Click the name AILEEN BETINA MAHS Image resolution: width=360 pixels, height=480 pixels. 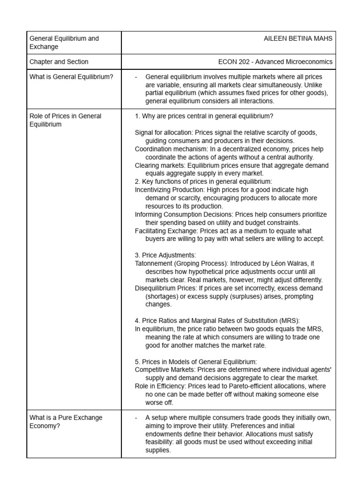tap(298, 38)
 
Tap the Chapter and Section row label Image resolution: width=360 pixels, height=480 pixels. tap(59, 61)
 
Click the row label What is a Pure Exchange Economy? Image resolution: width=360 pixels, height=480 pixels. tap(66, 421)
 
